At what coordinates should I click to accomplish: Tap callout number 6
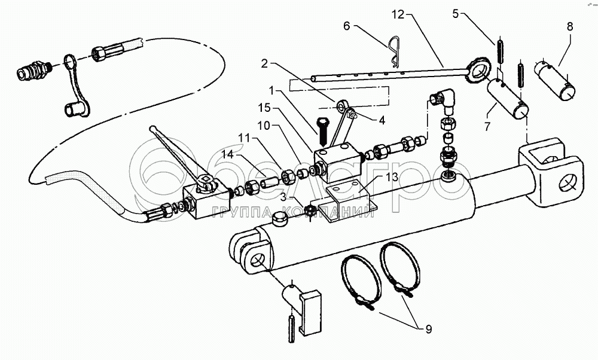[346, 26]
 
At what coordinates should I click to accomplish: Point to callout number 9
[428, 328]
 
